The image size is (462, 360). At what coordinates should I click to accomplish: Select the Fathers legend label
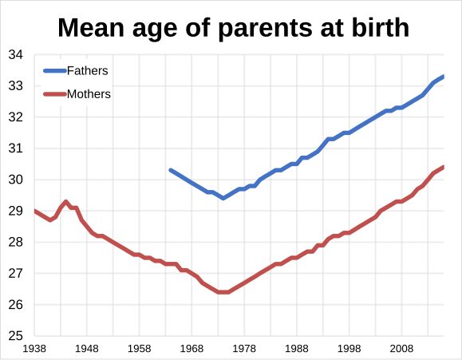point(87,71)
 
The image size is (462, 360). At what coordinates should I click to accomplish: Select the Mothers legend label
point(89,94)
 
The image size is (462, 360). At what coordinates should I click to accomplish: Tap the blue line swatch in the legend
point(54,71)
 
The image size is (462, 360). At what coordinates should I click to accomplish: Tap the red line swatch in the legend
point(54,94)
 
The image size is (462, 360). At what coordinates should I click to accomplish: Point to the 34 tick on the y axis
point(15,55)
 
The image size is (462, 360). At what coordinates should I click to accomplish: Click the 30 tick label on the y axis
point(15,180)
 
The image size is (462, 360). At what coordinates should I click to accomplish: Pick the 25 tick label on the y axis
point(15,336)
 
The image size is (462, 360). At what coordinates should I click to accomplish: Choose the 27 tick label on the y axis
point(15,274)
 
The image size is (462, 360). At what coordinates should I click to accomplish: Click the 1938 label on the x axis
point(34,349)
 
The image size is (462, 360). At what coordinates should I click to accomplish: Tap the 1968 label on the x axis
point(192,349)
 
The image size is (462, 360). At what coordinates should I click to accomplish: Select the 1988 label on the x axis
point(296,349)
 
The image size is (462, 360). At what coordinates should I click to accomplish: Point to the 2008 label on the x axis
point(401,349)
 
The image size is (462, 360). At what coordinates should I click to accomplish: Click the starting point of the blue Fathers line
point(171,170)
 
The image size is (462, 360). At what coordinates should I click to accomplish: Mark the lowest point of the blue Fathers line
point(223,198)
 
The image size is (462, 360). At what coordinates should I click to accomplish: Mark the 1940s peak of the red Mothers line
point(66,202)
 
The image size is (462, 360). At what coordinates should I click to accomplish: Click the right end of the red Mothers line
point(443,167)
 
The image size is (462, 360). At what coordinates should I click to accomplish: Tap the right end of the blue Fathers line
point(443,77)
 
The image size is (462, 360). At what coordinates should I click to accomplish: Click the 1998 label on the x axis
point(349,349)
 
